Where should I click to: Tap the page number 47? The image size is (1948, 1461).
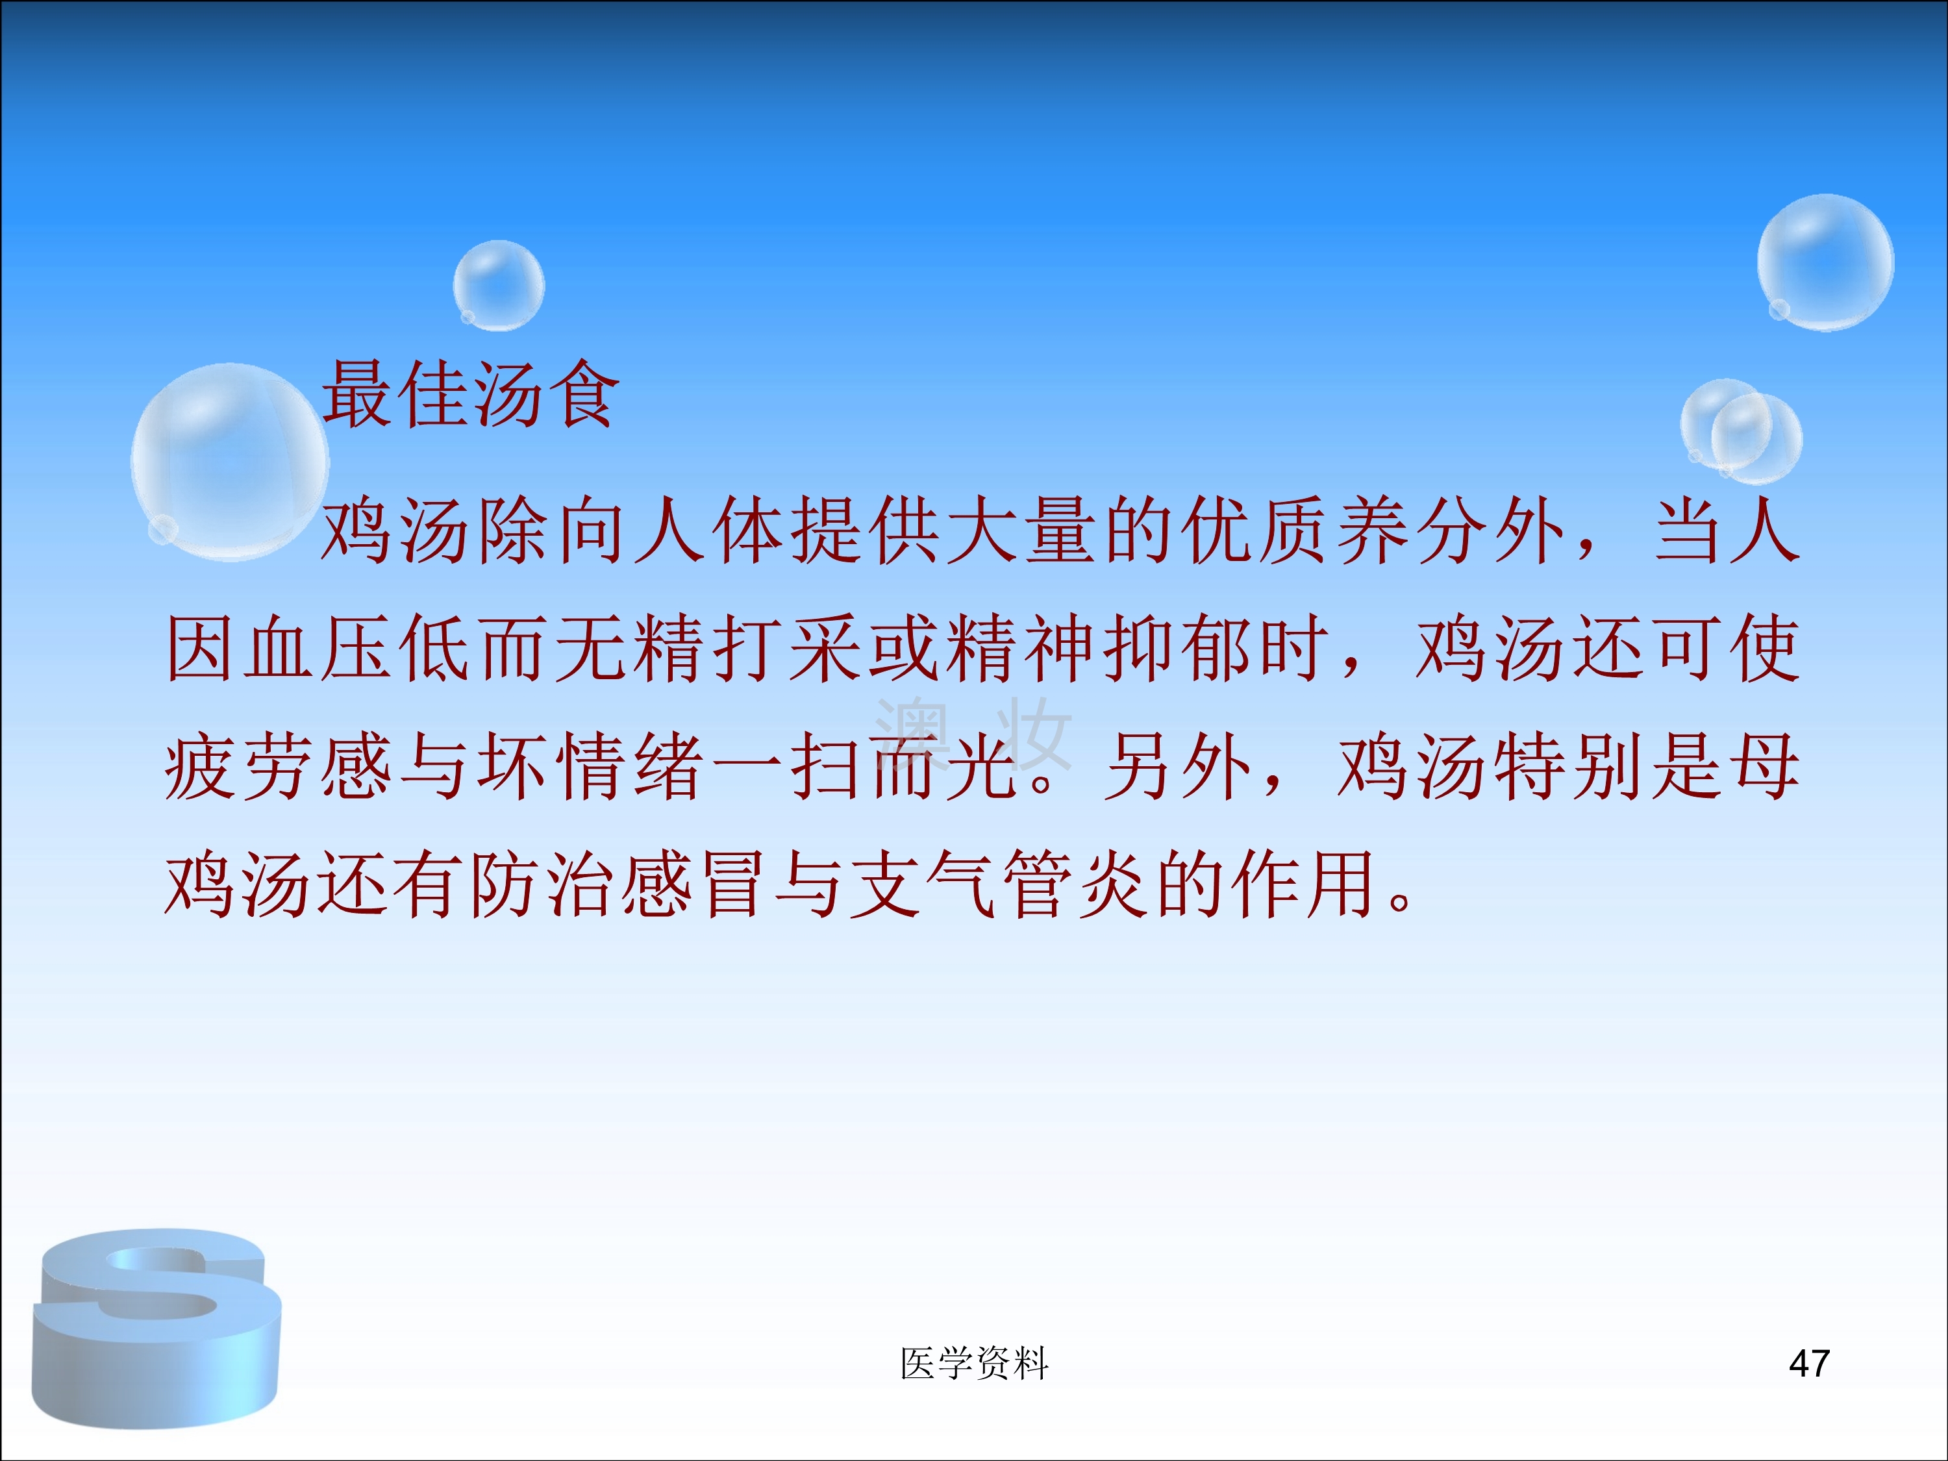point(1810,1363)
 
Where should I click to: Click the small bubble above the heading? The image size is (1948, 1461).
point(499,285)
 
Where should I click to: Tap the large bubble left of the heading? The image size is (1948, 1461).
point(230,462)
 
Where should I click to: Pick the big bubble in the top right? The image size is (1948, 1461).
point(1825,262)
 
